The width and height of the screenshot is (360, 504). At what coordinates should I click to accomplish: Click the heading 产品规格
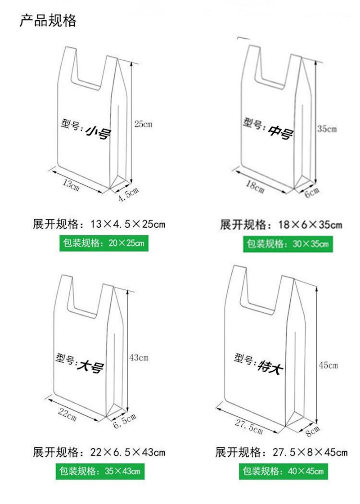pyautogui.click(x=48, y=21)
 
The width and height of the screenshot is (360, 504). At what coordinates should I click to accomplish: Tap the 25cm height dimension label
pyautogui.click(x=143, y=124)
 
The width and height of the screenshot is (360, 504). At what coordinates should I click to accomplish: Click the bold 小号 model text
pyautogui.click(x=98, y=132)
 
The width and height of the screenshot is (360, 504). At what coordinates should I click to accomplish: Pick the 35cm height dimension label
pyautogui.click(x=327, y=129)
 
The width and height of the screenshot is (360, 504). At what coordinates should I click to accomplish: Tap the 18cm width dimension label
pyautogui.click(x=255, y=186)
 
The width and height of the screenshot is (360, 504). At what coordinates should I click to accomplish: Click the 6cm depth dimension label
pyautogui.click(x=312, y=193)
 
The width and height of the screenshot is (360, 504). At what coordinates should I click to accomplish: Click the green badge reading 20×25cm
pyautogui.click(x=103, y=243)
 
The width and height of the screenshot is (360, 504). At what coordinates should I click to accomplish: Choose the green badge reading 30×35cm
pyautogui.click(x=288, y=244)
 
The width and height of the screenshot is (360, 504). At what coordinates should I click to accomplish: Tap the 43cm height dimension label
pyautogui.click(x=139, y=358)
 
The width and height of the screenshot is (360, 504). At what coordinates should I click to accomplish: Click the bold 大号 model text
pyautogui.click(x=91, y=367)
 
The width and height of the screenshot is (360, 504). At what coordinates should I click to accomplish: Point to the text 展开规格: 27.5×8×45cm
pyautogui.click(x=281, y=452)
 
